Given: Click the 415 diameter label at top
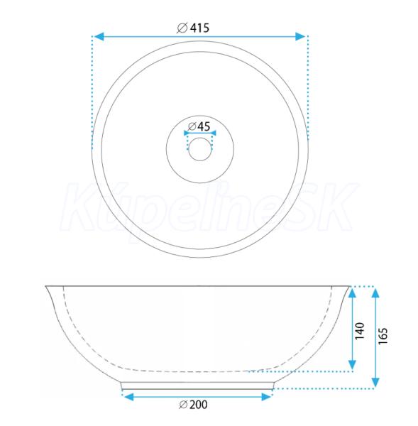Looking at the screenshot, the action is [x=193, y=28].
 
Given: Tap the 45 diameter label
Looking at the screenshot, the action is [x=199, y=126].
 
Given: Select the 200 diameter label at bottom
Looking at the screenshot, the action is [x=193, y=405].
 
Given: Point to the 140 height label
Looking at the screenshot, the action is [x=360, y=331].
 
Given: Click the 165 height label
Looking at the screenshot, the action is [x=383, y=336].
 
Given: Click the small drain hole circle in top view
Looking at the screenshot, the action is [x=200, y=149].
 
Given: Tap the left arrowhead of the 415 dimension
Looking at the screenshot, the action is [x=99, y=36].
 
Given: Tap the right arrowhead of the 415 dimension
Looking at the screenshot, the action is [x=300, y=36].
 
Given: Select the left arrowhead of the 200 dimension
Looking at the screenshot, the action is [x=128, y=397].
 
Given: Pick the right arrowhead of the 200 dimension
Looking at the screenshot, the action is [x=266, y=397].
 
